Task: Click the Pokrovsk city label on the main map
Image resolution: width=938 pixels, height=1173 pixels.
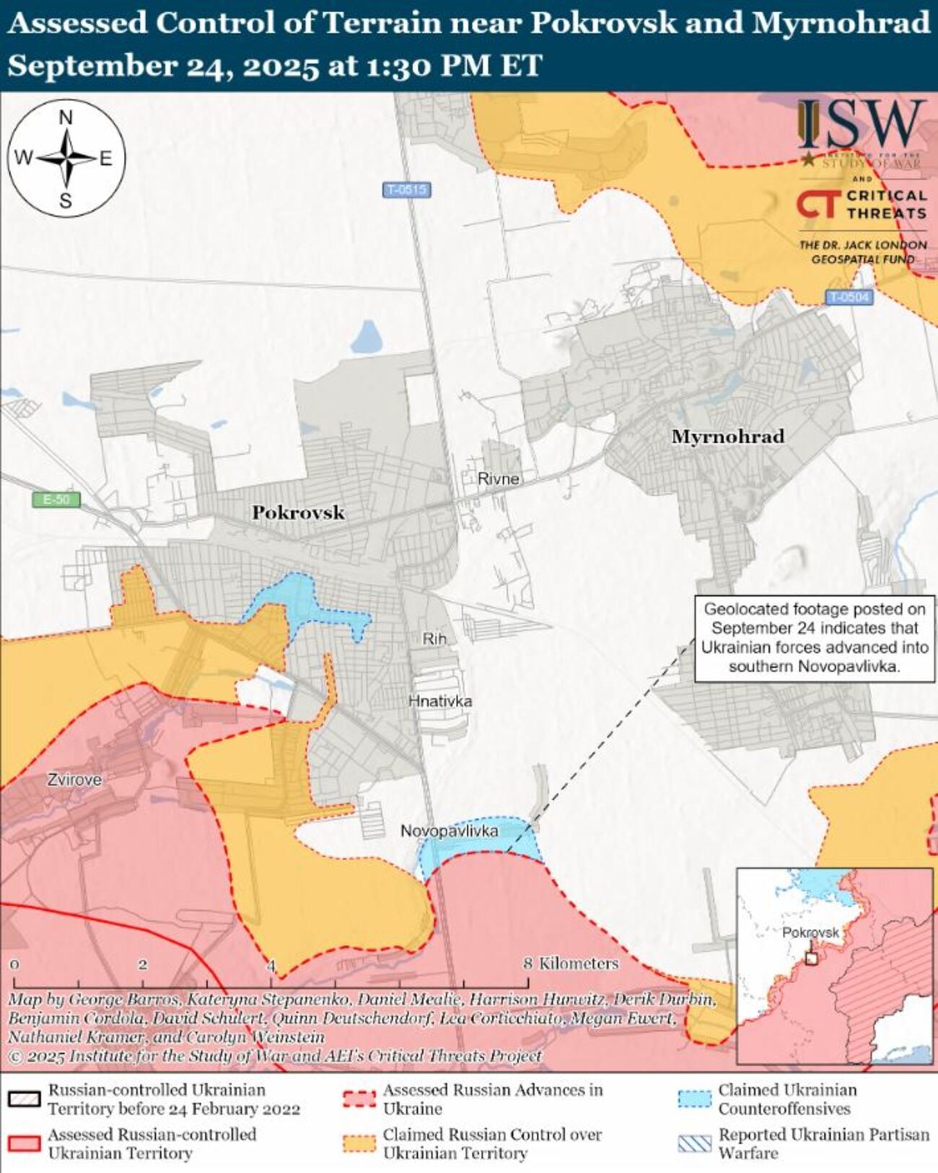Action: [298, 513]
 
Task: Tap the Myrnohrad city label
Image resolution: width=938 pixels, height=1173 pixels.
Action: [727, 436]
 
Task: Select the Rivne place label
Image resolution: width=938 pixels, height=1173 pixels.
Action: [498, 478]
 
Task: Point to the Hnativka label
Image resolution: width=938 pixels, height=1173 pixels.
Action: [440, 700]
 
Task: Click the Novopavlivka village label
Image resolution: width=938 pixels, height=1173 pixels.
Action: [449, 831]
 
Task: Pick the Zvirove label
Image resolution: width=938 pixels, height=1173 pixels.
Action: [74, 780]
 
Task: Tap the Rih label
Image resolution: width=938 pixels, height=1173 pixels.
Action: [434, 638]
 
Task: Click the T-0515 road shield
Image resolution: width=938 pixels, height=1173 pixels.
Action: [406, 190]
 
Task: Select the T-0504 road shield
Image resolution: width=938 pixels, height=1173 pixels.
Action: [849, 296]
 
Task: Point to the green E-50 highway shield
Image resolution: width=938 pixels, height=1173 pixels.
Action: [56, 499]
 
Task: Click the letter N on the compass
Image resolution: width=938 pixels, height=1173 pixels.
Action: [66, 118]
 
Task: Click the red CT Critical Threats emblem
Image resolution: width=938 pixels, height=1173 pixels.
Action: [818, 204]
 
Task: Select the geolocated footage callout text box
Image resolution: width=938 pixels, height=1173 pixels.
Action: [814, 638]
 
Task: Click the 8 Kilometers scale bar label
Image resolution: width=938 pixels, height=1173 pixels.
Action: [571, 964]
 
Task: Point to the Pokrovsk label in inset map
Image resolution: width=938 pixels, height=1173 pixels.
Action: [810, 932]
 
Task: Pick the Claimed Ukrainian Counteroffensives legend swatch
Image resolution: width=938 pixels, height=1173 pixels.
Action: [695, 1099]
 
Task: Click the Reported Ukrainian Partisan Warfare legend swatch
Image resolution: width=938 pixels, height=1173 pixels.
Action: [695, 1143]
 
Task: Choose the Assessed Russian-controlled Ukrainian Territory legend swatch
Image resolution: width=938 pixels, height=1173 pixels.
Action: [24, 1143]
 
